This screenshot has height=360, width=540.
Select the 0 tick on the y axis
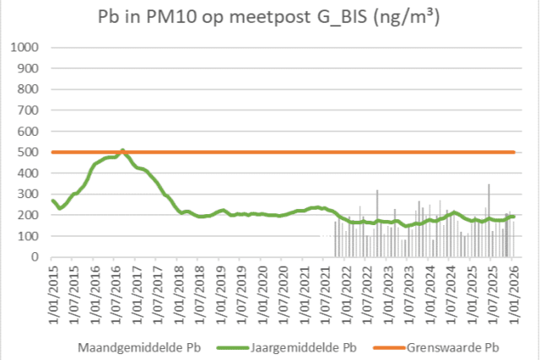(38, 257)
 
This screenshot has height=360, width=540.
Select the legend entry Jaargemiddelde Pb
(302, 346)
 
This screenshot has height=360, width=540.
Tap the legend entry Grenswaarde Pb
(453, 346)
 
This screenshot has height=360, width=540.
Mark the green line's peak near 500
(123, 151)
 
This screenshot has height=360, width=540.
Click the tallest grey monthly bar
(489, 185)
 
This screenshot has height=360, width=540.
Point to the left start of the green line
(52, 200)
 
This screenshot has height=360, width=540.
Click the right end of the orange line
(514, 152)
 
